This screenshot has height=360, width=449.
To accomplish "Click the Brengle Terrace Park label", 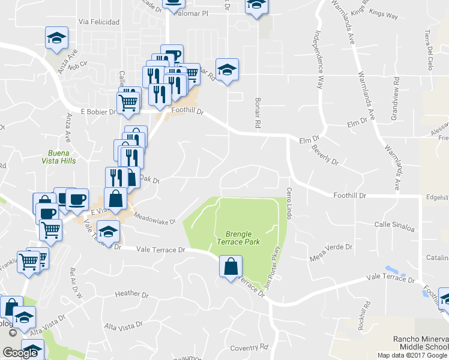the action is tap(243, 238).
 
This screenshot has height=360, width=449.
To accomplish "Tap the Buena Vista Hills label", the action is tap(59, 157).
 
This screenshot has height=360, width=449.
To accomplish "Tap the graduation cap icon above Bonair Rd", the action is tap(227, 70).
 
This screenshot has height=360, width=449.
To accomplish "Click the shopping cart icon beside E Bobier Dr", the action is tap(128, 101).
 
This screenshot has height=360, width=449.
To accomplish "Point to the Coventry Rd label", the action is tap(248, 347).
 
